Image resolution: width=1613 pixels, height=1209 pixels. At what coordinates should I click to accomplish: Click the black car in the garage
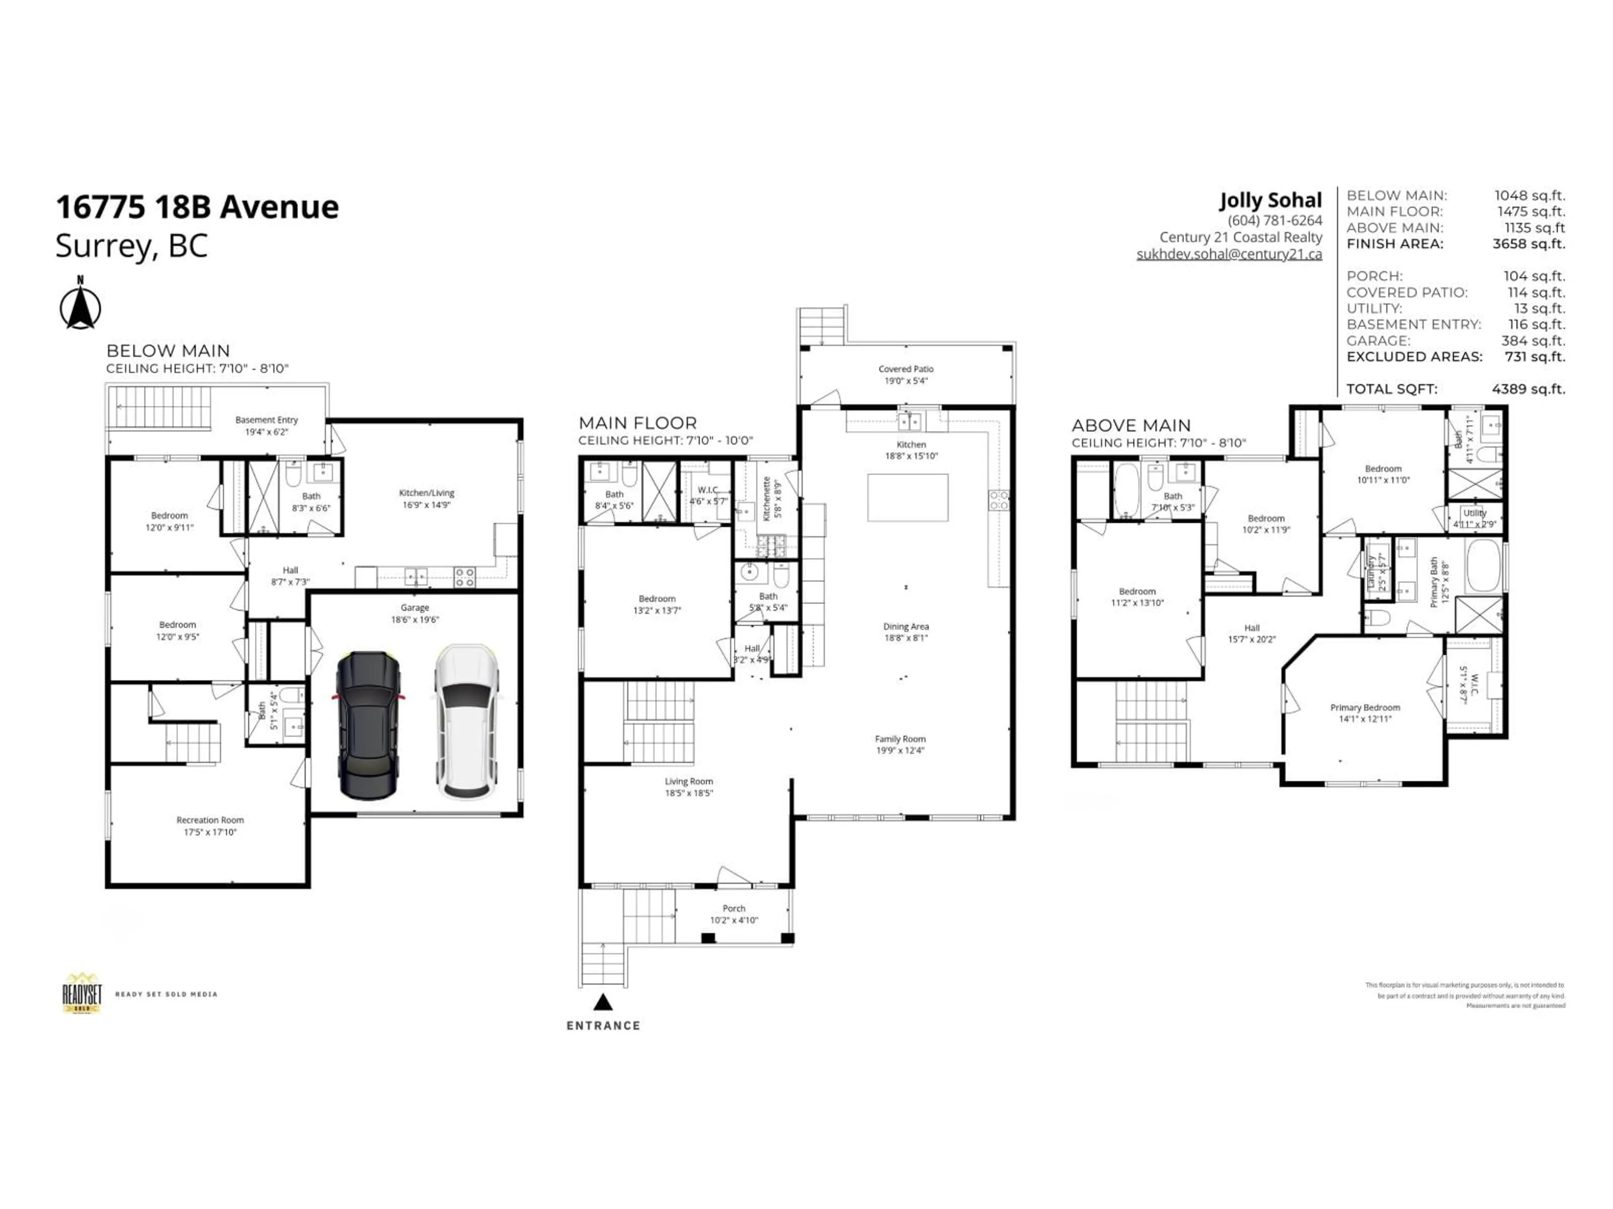click(368, 725)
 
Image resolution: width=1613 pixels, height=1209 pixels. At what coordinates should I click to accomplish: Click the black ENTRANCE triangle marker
click(602, 1003)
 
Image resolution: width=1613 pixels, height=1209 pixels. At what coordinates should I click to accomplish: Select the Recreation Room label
click(210, 820)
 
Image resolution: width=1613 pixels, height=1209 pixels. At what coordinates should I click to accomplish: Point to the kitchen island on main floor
click(907, 498)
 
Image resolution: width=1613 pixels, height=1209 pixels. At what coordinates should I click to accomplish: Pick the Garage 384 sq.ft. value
click(1536, 340)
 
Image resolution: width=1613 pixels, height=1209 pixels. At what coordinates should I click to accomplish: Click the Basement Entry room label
click(266, 420)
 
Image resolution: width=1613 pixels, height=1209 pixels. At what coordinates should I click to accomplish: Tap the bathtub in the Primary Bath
click(1484, 565)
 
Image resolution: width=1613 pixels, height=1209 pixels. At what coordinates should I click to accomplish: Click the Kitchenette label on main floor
click(767, 498)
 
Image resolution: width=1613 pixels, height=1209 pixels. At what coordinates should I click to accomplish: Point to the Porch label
click(733, 908)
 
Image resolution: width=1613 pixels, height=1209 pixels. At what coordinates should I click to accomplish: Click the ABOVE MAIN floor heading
click(1131, 426)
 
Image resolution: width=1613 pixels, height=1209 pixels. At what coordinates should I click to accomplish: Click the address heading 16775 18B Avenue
click(197, 207)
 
